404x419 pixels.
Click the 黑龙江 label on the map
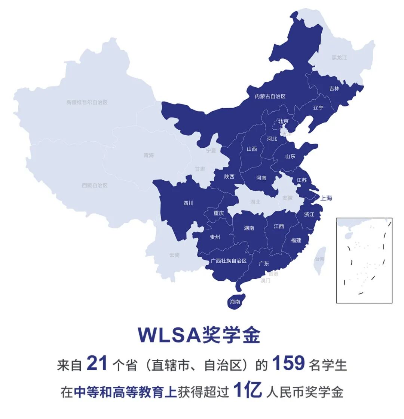click(x=339, y=58)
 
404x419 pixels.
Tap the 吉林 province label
click(x=334, y=89)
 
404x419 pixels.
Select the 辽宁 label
click(x=318, y=108)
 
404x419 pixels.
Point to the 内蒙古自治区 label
click(x=270, y=96)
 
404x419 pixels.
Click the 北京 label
click(x=283, y=121)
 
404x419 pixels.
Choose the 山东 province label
click(x=290, y=156)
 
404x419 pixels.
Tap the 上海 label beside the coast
click(x=326, y=198)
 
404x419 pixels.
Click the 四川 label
click(x=189, y=203)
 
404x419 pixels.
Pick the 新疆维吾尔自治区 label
click(x=87, y=102)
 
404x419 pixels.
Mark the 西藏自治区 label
click(x=95, y=185)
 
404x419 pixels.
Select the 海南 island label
click(x=235, y=301)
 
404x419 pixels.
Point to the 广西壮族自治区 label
click(x=229, y=261)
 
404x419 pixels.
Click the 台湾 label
click(x=319, y=259)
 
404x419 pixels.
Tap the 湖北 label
click(x=255, y=202)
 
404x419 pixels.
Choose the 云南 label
click(x=174, y=255)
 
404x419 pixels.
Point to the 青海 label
click(x=149, y=155)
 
